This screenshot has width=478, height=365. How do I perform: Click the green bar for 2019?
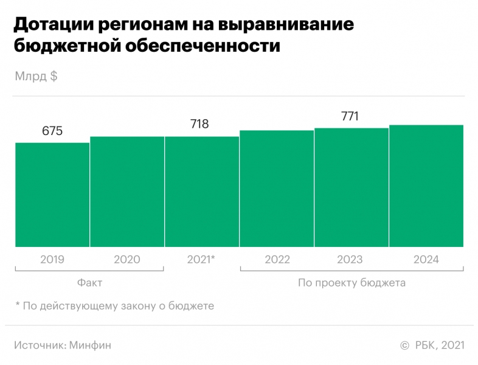click(52, 195)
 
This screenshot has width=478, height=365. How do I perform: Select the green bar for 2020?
click(127, 192)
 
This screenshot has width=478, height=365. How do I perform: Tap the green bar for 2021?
click(202, 192)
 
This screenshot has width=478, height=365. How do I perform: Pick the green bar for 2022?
click(277, 189)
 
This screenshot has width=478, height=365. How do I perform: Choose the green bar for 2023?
click(352, 187)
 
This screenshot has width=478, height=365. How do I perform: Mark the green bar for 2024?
click(426, 186)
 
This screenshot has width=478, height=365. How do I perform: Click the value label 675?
click(52, 131)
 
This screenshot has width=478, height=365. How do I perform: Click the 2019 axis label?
click(52, 259)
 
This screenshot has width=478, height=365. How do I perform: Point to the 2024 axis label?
click(426, 259)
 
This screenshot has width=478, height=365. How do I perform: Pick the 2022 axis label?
click(277, 259)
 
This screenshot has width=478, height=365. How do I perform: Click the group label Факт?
click(90, 283)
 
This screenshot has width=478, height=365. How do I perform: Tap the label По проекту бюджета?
click(352, 283)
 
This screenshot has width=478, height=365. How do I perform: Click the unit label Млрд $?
click(35, 77)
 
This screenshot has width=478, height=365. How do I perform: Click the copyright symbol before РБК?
click(404, 346)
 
